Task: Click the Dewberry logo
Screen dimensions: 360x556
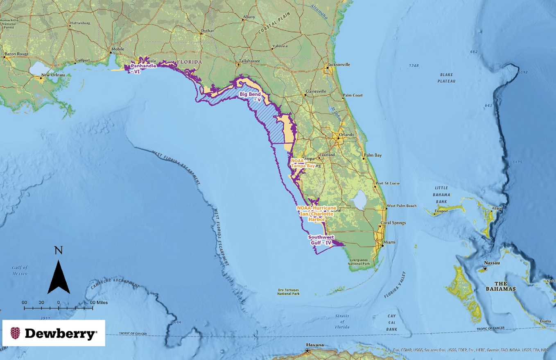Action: (54, 333)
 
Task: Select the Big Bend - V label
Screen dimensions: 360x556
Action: (251, 97)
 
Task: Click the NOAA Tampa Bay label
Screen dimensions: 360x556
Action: (303, 163)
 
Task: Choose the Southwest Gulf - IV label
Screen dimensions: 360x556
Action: (321, 240)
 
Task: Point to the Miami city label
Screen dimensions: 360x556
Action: (389, 242)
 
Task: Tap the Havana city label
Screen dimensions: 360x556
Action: (315, 345)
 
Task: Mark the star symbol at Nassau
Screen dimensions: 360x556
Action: (485, 269)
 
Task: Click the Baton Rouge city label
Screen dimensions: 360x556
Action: (16, 54)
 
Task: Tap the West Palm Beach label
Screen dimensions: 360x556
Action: (402, 206)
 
